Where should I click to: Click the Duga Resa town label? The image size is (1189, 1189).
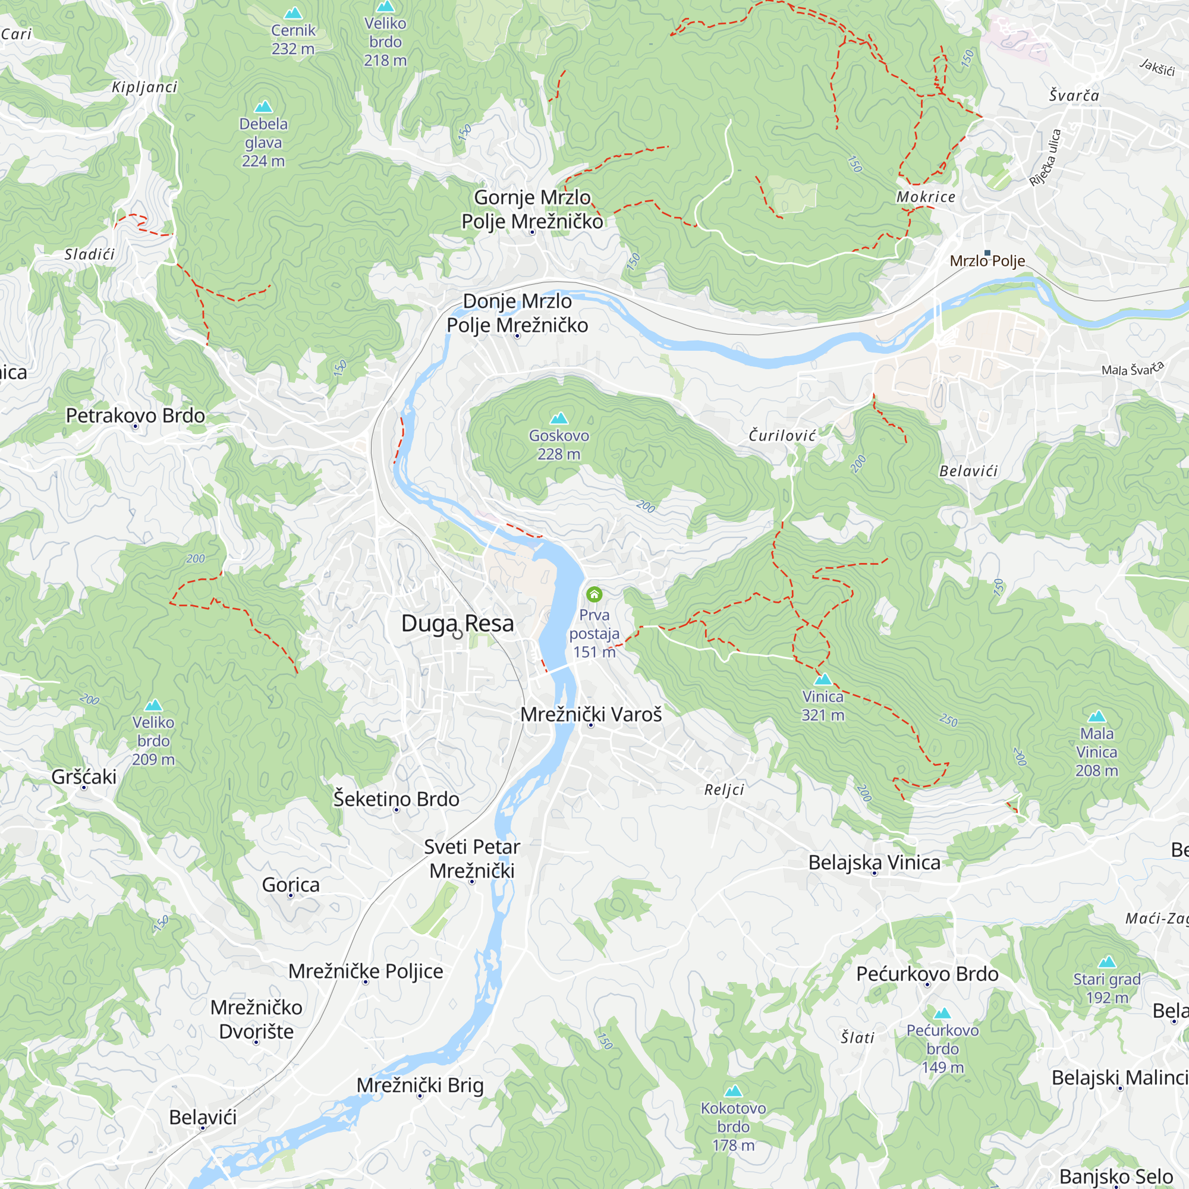pyautogui.click(x=457, y=623)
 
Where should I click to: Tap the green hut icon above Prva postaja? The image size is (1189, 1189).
pyautogui.click(x=594, y=594)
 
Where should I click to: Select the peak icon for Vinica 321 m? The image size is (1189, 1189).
pyautogui.click(x=823, y=680)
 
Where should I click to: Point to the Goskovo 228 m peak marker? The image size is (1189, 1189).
pyautogui.click(x=559, y=419)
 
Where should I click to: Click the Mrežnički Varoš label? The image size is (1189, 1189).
pyautogui.click(x=591, y=715)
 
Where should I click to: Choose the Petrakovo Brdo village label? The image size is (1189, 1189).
pyautogui.click(x=136, y=416)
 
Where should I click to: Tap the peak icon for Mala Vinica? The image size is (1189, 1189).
pyautogui.click(x=1097, y=716)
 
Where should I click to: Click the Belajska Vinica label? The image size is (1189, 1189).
pyautogui.click(x=874, y=862)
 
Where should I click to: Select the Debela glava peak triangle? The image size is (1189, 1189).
pyautogui.click(x=263, y=106)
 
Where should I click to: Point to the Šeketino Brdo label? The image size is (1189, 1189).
pyautogui.click(x=397, y=799)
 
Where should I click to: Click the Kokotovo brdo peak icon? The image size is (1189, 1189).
pyautogui.click(x=733, y=1091)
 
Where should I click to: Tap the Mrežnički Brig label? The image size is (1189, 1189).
pyautogui.click(x=420, y=1085)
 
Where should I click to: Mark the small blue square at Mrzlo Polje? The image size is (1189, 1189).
pyautogui.click(x=987, y=253)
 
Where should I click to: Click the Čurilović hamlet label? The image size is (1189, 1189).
pyautogui.click(x=782, y=436)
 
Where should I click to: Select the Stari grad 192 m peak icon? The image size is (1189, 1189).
pyautogui.click(x=1107, y=962)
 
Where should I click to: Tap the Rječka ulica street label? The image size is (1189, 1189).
pyautogui.click(x=1046, y=158)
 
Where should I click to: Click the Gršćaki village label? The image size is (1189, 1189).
pyautogui.click(x=84, y=776)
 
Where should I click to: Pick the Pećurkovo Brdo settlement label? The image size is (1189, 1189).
pyautogui.click(x=927, y=974)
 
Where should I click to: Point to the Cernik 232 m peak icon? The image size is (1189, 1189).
pyautogui.click(x=293, y=13)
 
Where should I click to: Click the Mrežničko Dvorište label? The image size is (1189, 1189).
pyautogui.click(x=256, y=1019)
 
